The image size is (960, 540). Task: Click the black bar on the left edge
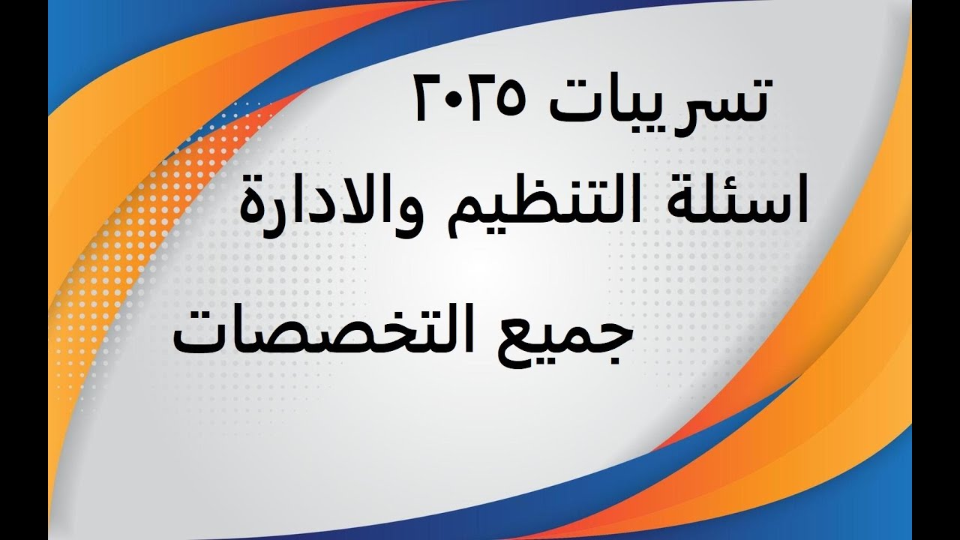click(x=22, y=270)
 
